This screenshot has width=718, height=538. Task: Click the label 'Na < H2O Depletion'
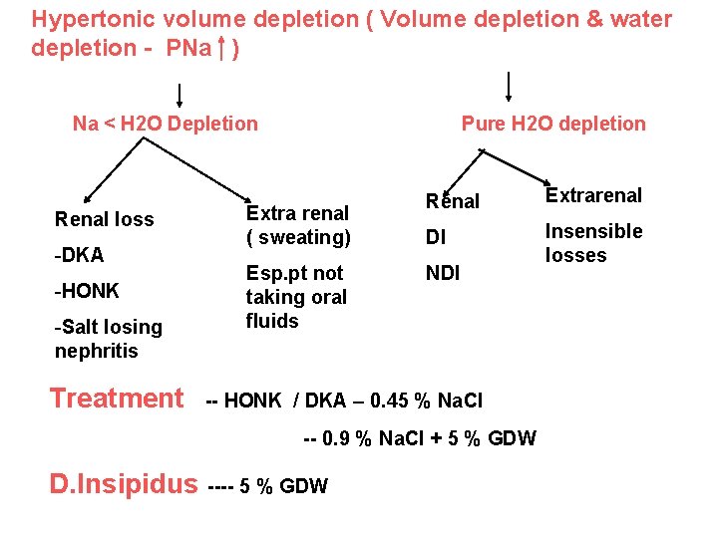coord(165,124)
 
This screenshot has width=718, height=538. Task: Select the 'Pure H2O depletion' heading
coord(553,124)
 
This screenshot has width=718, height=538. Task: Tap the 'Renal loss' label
coord(105,219)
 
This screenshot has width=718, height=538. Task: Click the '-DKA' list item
coord(80,255)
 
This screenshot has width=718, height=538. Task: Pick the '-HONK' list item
coord(87,291)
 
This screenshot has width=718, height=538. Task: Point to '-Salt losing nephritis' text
coord(108,339)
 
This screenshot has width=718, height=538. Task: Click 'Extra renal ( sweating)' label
coord(298,225)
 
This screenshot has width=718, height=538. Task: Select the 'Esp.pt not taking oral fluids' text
coord(296,297)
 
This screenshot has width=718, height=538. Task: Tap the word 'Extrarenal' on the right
coord(593,195)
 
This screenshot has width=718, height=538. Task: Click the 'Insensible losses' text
coord(593,243)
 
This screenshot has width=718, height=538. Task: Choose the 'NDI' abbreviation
coord(443,273)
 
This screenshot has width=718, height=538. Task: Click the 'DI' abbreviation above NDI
coord(435,237)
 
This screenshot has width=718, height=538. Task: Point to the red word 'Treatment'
coord(117,399)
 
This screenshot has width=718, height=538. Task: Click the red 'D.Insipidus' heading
coord(124,484)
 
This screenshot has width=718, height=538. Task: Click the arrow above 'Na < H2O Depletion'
coord(179,95)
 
